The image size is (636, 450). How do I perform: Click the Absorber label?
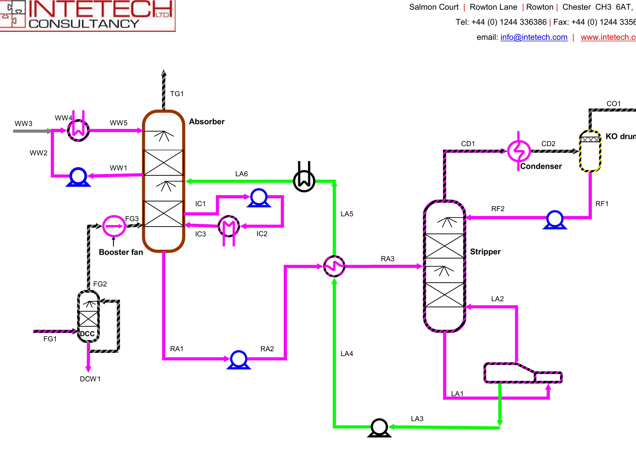pos(207,122)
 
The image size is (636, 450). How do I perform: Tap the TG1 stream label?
pos(176,94)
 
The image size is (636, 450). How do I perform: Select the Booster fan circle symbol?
pos(114,226)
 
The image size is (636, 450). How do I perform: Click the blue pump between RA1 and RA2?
pos(239,359)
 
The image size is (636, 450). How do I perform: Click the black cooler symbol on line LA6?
pos(304,181)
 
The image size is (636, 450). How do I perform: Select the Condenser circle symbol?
pos(519,151)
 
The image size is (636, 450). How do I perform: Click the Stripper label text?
pos(485,252)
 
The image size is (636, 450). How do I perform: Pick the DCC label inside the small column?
pos(87,334)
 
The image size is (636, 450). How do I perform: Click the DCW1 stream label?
pos(90,379)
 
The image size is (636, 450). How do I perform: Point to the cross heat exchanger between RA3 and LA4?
pos(334,266)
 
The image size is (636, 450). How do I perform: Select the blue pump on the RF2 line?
pos(555,219)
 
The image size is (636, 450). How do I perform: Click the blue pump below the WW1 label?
pos(78,176)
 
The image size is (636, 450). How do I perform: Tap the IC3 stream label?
pos(200,234)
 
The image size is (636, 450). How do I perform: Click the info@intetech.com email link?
pos(534,37)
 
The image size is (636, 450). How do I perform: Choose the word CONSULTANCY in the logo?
pos(84,24)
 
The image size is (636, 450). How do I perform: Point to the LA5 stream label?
pos(347,214)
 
